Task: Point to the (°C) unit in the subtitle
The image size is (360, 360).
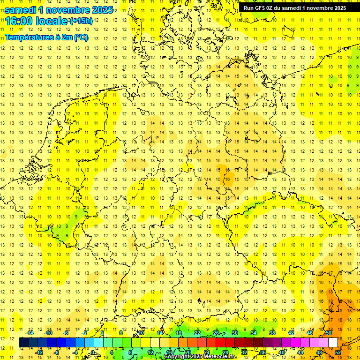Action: [x=80, y=37]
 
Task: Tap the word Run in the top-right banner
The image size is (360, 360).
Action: [x=248, y=7]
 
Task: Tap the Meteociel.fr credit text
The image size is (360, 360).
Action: [x=220, y=357]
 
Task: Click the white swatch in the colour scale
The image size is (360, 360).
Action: [x=333, y=343]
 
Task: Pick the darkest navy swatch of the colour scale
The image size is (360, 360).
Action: [x=23, y=343]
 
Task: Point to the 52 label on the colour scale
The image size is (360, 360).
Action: [x=338, y=352]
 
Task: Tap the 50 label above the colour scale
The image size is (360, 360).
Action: [x=329, y=333]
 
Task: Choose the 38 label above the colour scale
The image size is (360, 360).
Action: [x=272, y=333]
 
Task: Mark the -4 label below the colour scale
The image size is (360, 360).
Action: [x=76, y=352]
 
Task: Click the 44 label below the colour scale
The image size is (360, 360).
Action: [x=300, y=352]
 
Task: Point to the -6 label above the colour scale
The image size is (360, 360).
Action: [x=67, y=333]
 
